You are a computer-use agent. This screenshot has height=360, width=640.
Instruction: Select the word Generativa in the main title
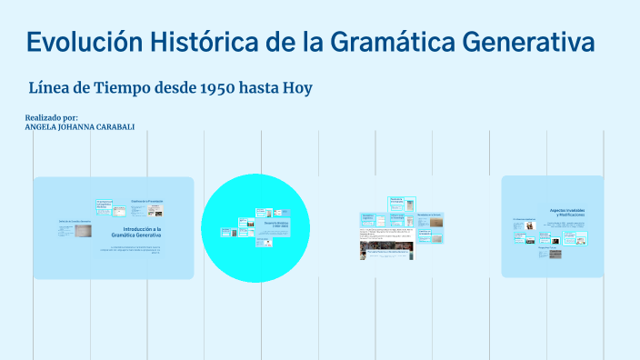click(x=530, y=42)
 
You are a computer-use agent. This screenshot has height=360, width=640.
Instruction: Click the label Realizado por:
click(x=52, y=117)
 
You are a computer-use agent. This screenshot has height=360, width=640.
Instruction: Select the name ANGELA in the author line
click(x=43, y=127)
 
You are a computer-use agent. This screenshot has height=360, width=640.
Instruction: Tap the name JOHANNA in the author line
click(x=78, y=127)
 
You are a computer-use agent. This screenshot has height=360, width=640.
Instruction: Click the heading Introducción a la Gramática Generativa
click(x=142, y=232)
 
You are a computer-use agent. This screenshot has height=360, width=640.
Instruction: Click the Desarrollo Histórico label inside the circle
click(x=275, y=223)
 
